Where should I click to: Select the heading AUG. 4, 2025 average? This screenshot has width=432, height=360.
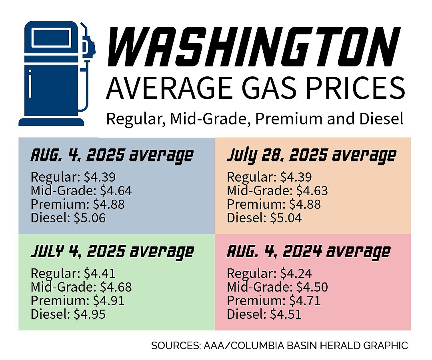pyautogui.click(x=112, y=155)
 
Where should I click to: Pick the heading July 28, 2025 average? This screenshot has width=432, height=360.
pyautogui.click(x=311, y=155)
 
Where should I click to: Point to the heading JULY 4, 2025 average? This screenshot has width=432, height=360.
pyautogui.click(x=112, y=252)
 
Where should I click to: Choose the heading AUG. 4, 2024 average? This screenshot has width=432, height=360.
pyautogui.click(x=308, y=252)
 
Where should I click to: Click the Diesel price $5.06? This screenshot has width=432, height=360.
pyautogui.click(x=90, y=218)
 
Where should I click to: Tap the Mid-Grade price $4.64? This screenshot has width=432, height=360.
pyautogui.click(x=116, y=191)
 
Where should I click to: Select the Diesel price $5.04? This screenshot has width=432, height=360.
pyautogui.click(x=286, y=218)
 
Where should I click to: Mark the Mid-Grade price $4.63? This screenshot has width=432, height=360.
pyautogui.click(x=312, y=191)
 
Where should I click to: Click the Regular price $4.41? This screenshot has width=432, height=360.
pyautogui.click(x=100, y=274)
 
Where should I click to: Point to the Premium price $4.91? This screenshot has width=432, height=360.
pyautogui.click(x=108, y=301)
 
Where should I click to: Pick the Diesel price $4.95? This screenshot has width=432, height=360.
pyautogui.click(x=90, y=314)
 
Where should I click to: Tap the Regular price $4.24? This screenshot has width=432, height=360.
pyautogui.click(x=296, y=274)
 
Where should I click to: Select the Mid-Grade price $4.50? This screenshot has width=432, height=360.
pyautogui.click(x=312, y=287)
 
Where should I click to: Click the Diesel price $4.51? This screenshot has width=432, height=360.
pyautogui.click(x=286, y=314)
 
